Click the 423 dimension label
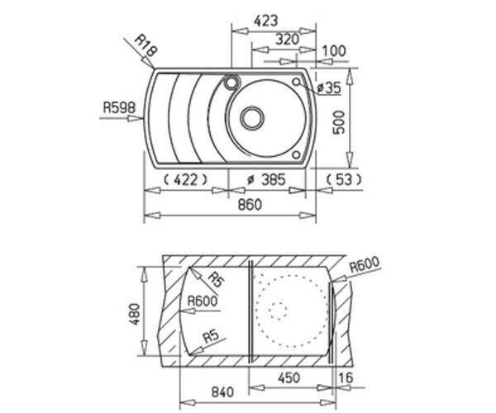pyautogui.click(x=266, y=21)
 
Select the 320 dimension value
pyautogui.click(x=287, y=40)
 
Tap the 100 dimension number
pyautogui.click(x=334, y=51)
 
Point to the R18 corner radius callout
pyautogui.click(x=145, y=45)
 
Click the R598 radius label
pyautogui.click(x=119, y=107)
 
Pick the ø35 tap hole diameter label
pyautogui.click(x=329, y=88)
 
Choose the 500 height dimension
pyautogui.click(x=339, y=122)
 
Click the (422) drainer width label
pyautogui.click(x=186, y=180)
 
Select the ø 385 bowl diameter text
pyautogui.click(x=266, y=180)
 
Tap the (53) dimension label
pyautogui.click(x=344, y=180)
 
